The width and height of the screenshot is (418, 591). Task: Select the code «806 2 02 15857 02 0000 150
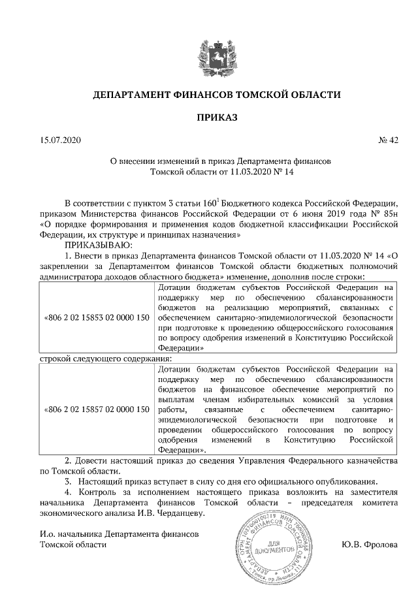point(95,409)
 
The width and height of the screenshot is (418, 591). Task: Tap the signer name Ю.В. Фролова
point(369,545)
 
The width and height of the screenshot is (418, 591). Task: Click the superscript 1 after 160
point(217,200)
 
